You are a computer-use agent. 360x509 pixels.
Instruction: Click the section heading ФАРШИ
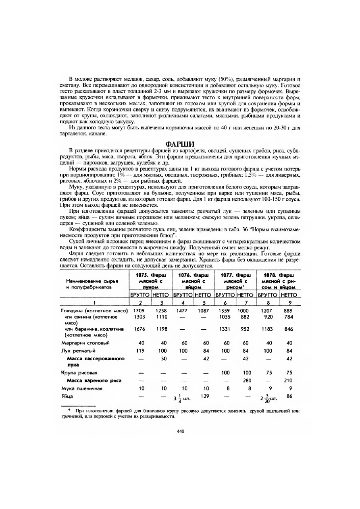pyautogui.click(x=180, y=144)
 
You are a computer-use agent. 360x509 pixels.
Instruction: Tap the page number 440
pyautogui.click(x=180, y=431)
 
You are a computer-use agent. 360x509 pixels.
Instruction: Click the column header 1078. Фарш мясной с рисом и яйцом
pyautogui.click(x=279, y=280)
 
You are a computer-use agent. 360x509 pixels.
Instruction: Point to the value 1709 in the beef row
pyautogui.click(x=139, y=311)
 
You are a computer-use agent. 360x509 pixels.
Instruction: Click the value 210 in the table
pyautogui.click(x=288, y=380)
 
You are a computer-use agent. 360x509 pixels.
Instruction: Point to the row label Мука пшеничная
pyautogui.click(x=81, y=389)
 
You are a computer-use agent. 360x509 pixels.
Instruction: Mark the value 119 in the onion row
pyautogui.click(x=140, y=351)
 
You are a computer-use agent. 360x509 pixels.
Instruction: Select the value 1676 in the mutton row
pyautogui.click(x=139, y=329)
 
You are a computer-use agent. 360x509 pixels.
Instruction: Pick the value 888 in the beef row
pyautogui.click(x=288, y=311)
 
